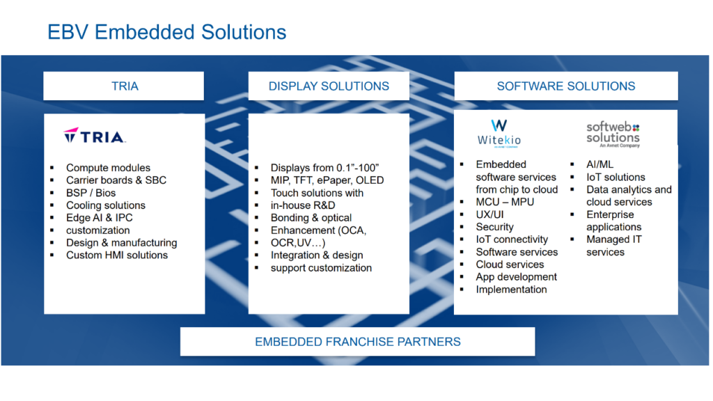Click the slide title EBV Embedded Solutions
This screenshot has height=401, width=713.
(x=166, y=32)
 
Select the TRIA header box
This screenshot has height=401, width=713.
(x=124, y=86)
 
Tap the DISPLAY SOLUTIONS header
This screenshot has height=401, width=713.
(x=329, y=86)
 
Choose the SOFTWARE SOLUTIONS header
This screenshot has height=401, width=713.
(x=565, y=86)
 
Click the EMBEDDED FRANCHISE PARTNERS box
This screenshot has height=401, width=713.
(x=357, y=342)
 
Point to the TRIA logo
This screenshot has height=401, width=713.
(x=94, y=136)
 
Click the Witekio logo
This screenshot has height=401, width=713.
(x=499, y=132)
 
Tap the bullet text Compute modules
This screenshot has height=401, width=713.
(x=108, y=168)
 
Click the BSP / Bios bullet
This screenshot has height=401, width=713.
(x=91, y=193)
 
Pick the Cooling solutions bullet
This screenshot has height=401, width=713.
(x=105, y=205)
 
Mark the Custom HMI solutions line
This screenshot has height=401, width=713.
(x=117, y=255)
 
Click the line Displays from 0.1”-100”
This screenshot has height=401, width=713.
(x=324, y=168)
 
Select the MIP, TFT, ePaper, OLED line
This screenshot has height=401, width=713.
(x=327, y=180)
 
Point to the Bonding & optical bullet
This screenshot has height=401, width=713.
(x=311, y=218)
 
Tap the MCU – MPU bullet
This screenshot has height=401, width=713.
(x=505, y=202)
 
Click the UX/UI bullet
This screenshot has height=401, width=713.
(x=489, y=214)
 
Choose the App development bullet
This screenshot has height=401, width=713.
(x=516, y=277)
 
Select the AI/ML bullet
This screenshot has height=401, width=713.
(x=600, y=164)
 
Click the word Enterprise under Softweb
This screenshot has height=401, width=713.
(x=610, y=214)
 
